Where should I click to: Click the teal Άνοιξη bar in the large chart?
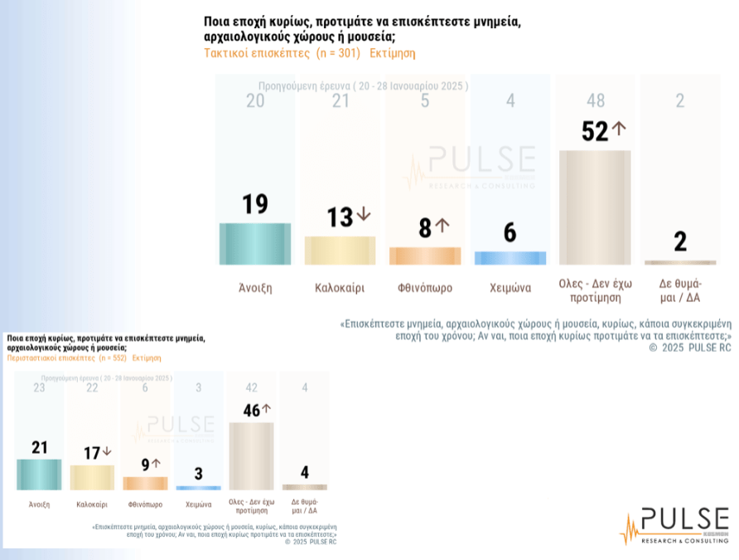(254, 243)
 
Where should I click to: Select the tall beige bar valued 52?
(595, 207)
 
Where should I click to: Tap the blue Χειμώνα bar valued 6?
(510, 258)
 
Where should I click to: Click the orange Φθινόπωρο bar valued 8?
(425, 256)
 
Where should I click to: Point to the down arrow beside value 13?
(363, 215)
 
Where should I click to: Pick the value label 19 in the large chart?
(254, 204)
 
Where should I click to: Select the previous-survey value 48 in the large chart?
(595, 101)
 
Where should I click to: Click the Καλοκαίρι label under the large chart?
(340, 289)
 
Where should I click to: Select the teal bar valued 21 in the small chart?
(39, 474)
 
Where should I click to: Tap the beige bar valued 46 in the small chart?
(250, 455)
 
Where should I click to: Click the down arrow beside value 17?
(106, 452)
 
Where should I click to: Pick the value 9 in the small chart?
(145, 465)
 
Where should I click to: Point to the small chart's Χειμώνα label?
(198, 504)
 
